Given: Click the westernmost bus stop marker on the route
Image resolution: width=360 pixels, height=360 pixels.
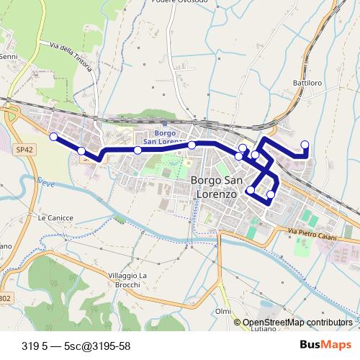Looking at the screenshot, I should tap(53, 136).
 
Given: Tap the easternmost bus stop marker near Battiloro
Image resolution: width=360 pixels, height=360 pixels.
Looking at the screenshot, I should tap(305, 144).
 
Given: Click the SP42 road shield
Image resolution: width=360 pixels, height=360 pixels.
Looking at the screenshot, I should tap(23, 150).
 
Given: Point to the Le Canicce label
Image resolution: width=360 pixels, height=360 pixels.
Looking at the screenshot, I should tap(52, 217).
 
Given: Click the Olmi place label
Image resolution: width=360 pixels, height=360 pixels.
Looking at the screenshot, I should tap(223, 311).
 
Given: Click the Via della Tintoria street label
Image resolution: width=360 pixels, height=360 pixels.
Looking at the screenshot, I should tap(71, 57).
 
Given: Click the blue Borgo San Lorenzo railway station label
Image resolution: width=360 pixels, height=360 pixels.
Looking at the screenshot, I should tap(166, 138).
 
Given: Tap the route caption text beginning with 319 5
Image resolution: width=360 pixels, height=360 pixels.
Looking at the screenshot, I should tap(76, 346).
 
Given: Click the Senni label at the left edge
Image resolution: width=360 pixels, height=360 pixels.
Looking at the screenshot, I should tap(8, 56).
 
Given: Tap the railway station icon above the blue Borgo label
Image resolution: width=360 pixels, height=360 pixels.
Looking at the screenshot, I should tap(166, 122).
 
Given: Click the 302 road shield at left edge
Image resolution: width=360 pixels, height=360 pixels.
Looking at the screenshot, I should tap(4, 297).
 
